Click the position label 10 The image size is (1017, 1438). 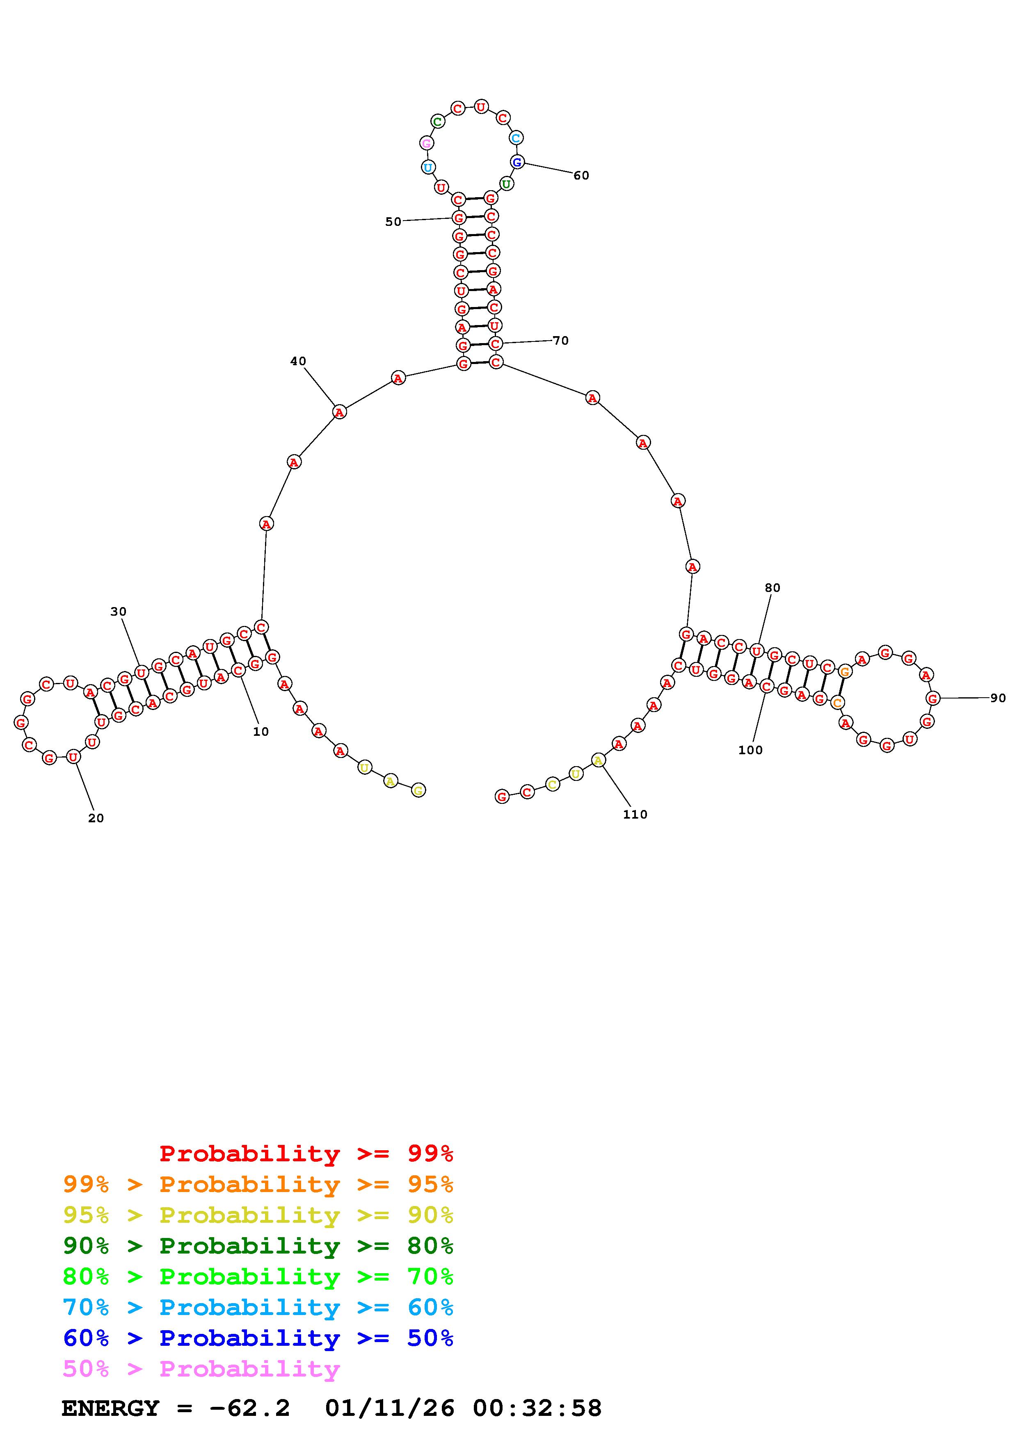[261, 732]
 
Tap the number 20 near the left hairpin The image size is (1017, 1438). [96, 818]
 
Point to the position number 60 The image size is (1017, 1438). [581, 175]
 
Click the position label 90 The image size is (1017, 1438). [998, 698]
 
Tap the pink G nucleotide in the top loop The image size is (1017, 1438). [426, 143]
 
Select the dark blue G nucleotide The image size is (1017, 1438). [517, 162]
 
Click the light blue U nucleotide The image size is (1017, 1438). [428, 167]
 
